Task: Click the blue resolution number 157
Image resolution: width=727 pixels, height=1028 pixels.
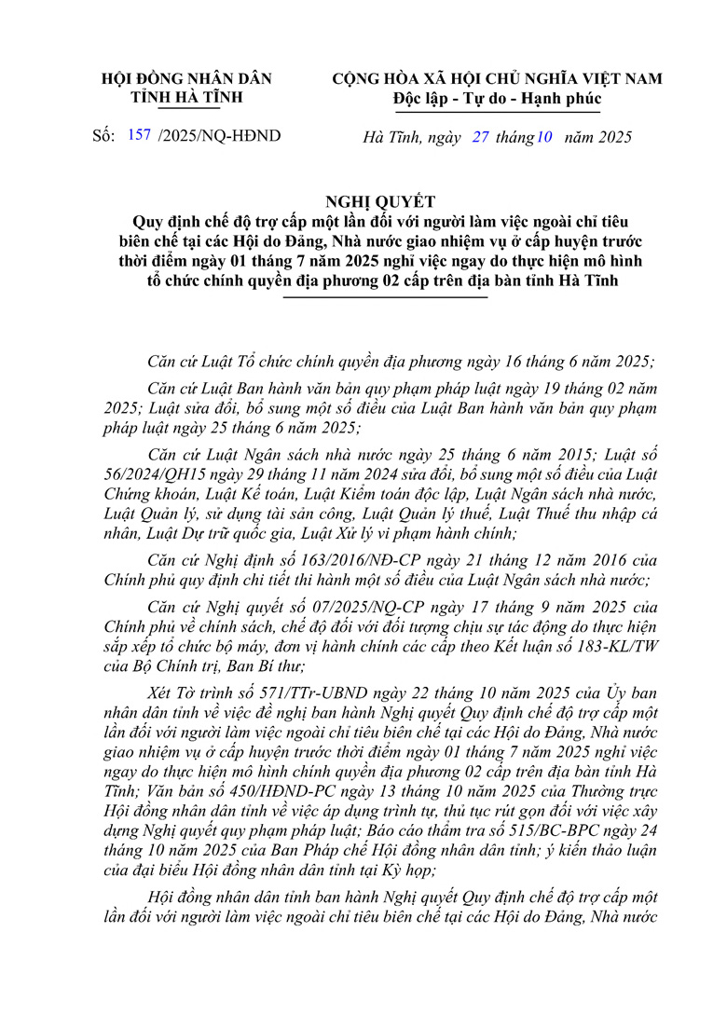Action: coord(137,138)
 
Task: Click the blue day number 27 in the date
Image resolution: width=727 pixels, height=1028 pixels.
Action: coord(481,138)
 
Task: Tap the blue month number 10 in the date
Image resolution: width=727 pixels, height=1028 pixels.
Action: coord(544,138)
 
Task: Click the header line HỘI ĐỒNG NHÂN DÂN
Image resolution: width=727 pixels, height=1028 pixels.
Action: coord(186,79)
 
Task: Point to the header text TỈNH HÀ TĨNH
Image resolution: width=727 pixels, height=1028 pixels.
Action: coord(186,98)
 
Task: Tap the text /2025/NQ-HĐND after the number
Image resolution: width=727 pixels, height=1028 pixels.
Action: coord(220,138)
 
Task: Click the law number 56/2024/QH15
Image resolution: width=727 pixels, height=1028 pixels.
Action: coord(156,477)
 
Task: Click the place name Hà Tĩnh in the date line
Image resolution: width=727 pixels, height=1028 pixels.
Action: coord(389,138)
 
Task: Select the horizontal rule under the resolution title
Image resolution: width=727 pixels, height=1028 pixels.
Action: coord(386,297)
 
